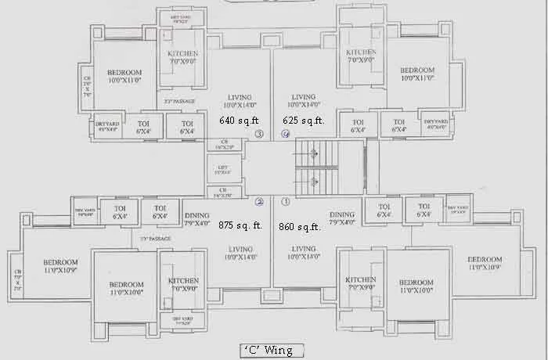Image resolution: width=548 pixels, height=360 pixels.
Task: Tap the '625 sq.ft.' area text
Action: pos(303,121)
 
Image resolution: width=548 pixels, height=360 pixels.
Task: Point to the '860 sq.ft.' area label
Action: pos(300,227)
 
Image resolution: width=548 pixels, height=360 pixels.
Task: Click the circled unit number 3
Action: pos(259,135)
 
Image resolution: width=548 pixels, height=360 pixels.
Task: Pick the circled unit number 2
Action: pos(259,201)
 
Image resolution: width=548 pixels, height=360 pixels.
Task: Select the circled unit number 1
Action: pos(286,201)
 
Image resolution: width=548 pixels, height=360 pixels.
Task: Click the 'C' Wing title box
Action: pos(266,350)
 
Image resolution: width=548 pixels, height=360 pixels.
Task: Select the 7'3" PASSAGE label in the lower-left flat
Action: pos(155,239)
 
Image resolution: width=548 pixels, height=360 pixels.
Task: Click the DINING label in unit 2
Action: pos(197,218)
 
